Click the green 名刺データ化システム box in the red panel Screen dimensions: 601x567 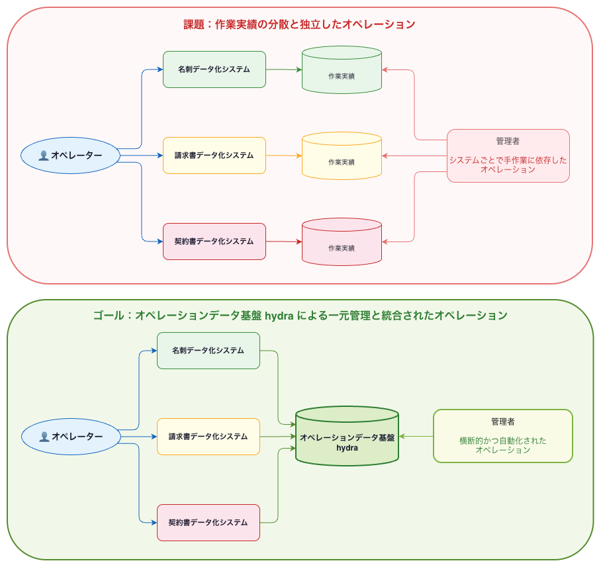click(x=214, y=69)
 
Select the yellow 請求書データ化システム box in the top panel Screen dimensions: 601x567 click(x=214, y=155)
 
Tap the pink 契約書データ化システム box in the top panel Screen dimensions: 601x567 click(x=214, y=241)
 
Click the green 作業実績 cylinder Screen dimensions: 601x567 click(x=342, y=69)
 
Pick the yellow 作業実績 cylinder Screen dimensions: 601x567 click(x=342, y=156)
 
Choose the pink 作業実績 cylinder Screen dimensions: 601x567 click(x=342, y=241)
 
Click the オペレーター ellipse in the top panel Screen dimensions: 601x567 click(x=71, y=155)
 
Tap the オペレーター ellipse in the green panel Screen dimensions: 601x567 click(x=71, y=437)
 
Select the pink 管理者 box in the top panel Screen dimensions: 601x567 click(x=508, y=155)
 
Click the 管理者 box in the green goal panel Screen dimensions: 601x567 click(x=503, y=436)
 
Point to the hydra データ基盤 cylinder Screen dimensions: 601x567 click(x=347, y=436)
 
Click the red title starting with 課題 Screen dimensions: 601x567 click(x=299, y=24)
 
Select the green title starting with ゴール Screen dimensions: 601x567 click(x=300, y=316)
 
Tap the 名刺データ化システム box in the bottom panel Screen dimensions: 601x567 click(x=208, y=351)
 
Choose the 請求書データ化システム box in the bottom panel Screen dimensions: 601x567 click(x=208, y=437)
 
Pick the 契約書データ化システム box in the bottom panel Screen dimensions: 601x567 click(x=208, y=523)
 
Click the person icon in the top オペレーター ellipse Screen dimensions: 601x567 click(x=44, y=155)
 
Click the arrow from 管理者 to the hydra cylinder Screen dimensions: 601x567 click(x=416, y=437)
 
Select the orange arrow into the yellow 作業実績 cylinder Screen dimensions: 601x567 click(x=284, y=155)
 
